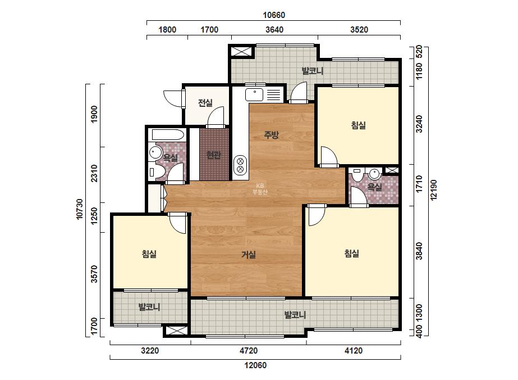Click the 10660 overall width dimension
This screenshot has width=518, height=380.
point(274,15)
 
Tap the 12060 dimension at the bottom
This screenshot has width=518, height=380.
point(255,365)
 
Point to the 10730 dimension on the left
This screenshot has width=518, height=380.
point(80,209)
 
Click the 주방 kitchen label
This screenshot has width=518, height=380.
point(271,135)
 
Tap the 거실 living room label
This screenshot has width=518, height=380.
point(249,255)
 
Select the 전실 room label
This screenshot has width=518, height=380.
point(205,103)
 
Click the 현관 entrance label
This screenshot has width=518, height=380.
point(213,155)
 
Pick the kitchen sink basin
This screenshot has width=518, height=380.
point(254,94)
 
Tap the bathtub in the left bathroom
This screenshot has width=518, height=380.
point(168,135)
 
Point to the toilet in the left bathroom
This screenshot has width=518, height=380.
point(157,171)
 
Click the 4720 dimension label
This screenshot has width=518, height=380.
point(249,350)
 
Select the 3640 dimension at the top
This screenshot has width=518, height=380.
point(274,29)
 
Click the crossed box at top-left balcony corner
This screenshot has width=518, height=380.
point(241,52)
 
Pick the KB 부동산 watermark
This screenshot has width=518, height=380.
point(260,189)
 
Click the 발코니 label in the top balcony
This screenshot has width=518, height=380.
point(313,71)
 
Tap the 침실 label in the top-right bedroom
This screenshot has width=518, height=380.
point(359,125)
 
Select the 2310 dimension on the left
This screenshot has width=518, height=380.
point(94,173)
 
